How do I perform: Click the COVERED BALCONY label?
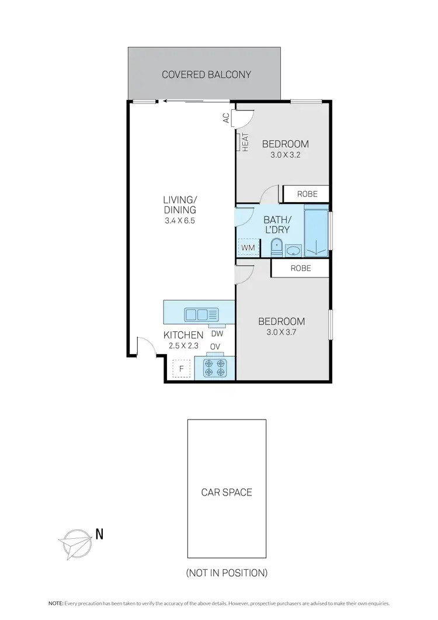pos(206,75)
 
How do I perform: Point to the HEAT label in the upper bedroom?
pos(245,142)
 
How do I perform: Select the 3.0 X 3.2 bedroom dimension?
pos(285,155)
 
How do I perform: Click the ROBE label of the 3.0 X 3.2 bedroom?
pos(307,194)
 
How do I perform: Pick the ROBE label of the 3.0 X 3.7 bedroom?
pos(300,269)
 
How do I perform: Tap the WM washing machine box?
pos(248,248)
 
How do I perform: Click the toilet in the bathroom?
pos(276,248)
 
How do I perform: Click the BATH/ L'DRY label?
pos(277,224)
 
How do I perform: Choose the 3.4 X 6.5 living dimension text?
pos(180,221)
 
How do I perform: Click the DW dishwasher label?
pos(217,334)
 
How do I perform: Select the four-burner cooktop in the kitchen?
pos(214,369)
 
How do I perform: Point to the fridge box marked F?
pos(182,369)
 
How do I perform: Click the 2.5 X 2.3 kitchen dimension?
pos(183,345)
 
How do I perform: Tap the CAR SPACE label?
pos(227,492)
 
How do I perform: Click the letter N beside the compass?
pos(99,533)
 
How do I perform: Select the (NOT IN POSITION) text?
pos(227,573)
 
